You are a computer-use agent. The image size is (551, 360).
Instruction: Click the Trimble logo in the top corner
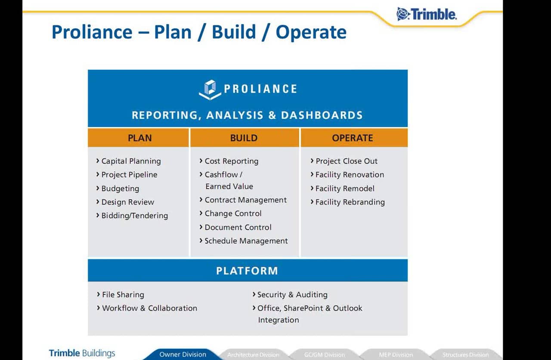click(426, 14)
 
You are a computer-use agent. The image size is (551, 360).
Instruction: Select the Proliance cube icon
click(210, 89)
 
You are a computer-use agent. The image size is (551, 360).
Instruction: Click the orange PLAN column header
click(139, 138)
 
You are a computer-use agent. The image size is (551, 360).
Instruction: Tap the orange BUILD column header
click(244, 138)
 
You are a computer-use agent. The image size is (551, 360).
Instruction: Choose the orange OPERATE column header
click(353, 138)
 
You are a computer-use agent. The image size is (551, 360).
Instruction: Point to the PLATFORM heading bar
click(247, 271)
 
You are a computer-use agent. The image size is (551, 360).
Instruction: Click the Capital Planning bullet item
click(131, 161)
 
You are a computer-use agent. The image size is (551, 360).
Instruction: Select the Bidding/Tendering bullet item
click(134, 216)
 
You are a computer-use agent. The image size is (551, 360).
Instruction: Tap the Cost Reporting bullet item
click(231, 161)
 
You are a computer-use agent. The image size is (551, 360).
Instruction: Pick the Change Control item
click(233, 214)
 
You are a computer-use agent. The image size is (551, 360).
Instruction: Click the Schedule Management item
click(246, 241)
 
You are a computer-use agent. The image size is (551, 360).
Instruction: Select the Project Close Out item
click(346, 161)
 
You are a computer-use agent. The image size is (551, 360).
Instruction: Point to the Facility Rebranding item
click(350, 202)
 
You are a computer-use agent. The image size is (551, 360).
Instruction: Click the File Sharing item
click(123, 295)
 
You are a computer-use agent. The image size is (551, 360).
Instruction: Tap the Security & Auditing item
click(292, 295)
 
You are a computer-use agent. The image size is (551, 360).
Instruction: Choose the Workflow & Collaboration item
click(149, 308)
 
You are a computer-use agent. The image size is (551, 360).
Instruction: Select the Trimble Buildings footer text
click(82, 354)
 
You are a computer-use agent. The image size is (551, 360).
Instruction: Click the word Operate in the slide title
click(311, 32)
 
